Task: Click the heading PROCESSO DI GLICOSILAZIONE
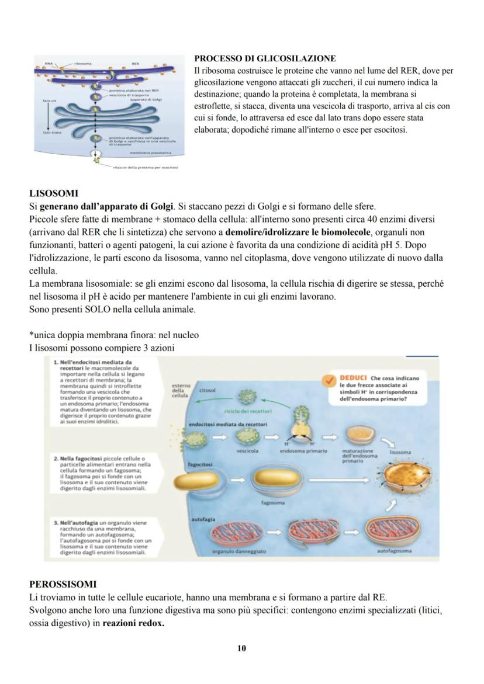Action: coord(265,59)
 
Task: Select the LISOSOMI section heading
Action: coord(53,193)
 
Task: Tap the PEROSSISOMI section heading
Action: coord(63,584)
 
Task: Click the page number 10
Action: coord(242,648)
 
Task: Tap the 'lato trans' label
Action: coord(50,133)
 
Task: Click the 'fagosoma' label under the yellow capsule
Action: coord(272,502)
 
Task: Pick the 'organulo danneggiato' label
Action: coord(238,551)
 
